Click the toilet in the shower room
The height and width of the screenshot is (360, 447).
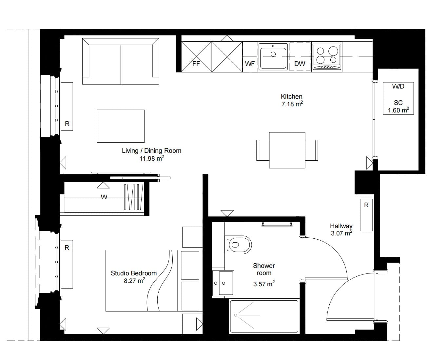(x=239, y=245)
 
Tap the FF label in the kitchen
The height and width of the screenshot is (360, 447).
(x=196, y=64)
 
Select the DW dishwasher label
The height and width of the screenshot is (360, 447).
(x=300, y=64)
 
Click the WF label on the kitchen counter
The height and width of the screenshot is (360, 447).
(x=250, y=64)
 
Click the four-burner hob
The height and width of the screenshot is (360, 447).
(x=327, y=57)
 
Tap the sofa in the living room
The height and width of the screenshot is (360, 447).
(x=121, y=61)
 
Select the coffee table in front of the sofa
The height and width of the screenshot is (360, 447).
(x=121, y=126)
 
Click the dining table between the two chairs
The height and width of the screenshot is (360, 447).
(x=287, y=150)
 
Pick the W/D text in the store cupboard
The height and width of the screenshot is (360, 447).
(x=398, y=87)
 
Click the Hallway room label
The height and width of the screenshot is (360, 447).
(x=341, y=226)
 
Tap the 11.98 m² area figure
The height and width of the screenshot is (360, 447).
(x=152, y=158)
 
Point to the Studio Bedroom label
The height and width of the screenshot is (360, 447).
(x=134, y=273)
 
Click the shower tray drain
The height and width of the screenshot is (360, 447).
(x=236, y=315)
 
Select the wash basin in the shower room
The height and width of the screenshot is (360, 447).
(x=223, y=283)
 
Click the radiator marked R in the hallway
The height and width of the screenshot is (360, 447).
(x=367, y=215)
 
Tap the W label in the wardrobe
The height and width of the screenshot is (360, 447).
(x=104, y=197)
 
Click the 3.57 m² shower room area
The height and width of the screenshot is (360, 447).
(x=264, y=284)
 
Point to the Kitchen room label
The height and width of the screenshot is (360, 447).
(x=291, y=96)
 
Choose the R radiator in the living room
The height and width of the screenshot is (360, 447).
(x=67, y=107)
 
